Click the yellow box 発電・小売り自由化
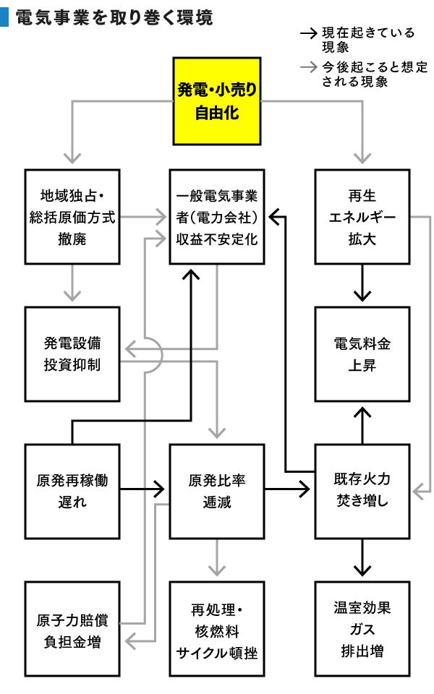click(x=216, y=102)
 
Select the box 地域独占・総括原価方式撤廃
click(x=72, y=216)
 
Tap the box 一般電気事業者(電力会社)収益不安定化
click(x=216, y=216)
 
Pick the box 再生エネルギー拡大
click(x=362, y=216)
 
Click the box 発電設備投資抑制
click(x=72, y=354)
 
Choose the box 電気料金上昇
click(x=362, y=354)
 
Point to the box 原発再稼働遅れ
click(x=72, y=490)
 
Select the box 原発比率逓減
click(x=216, y=490)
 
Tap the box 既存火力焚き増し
click(x=362, y=490)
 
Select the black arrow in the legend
click(x=309, y=33)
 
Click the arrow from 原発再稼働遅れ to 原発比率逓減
click(x=144, y=490)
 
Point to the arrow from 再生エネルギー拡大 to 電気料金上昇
click(x=362, y=283)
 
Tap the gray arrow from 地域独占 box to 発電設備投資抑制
click(x=72, y=283)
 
